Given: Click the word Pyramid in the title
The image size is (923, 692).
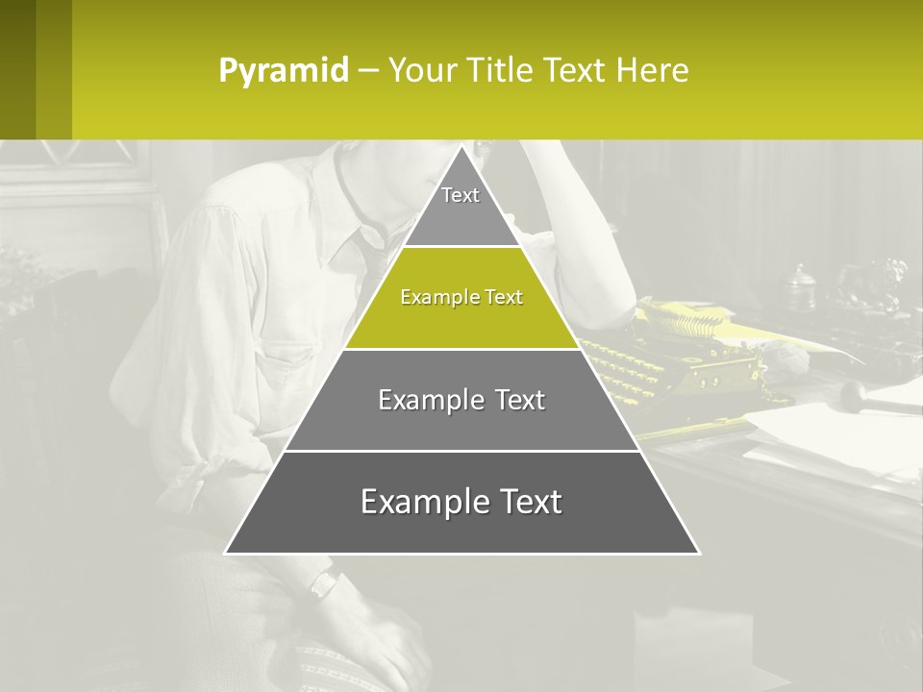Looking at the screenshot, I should click(x=284, y=71).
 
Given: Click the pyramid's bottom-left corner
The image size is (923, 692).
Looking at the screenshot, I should click(x=227, y=553).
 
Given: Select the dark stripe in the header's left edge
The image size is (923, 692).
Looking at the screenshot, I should click(x=17, y=69).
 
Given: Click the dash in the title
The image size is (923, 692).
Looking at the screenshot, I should click(x=368, y=71).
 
